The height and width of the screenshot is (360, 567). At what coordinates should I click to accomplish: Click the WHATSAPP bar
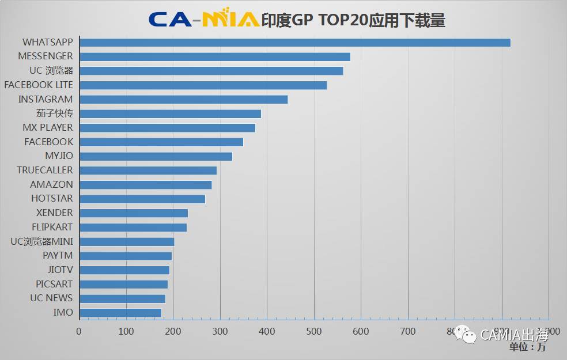(295, 42)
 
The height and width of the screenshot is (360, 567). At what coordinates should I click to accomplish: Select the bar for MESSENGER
(215, 56)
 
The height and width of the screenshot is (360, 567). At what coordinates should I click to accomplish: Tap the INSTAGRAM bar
(183, 99)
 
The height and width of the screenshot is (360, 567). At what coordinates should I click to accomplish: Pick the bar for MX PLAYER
(167, 128)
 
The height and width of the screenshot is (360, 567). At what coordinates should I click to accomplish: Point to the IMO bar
(120, 313)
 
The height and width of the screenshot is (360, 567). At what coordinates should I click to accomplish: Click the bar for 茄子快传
(170, 113)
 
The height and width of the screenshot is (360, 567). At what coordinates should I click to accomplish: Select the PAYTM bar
(126, 256)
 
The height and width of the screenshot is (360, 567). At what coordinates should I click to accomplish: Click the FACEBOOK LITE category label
(39, 85)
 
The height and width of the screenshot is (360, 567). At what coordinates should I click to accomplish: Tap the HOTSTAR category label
(52, 199)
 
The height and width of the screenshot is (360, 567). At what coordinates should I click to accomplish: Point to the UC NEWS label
(51, 298)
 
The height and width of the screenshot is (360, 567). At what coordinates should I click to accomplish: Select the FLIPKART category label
(52, 227)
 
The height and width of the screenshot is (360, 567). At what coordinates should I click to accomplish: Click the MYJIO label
(59, 156)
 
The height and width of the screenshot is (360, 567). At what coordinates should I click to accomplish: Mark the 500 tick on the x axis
(314, 331)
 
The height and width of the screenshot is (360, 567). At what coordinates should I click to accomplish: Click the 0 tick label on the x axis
(80, 331)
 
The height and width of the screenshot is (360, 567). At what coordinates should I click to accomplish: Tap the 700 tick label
(408, 331)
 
